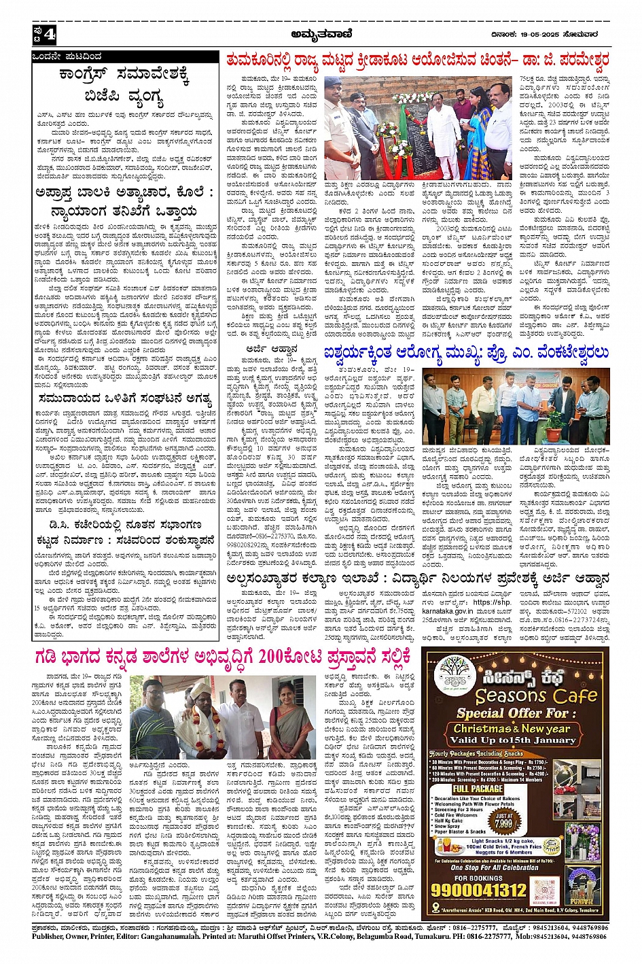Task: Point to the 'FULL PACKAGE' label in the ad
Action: [x=478, y=789]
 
